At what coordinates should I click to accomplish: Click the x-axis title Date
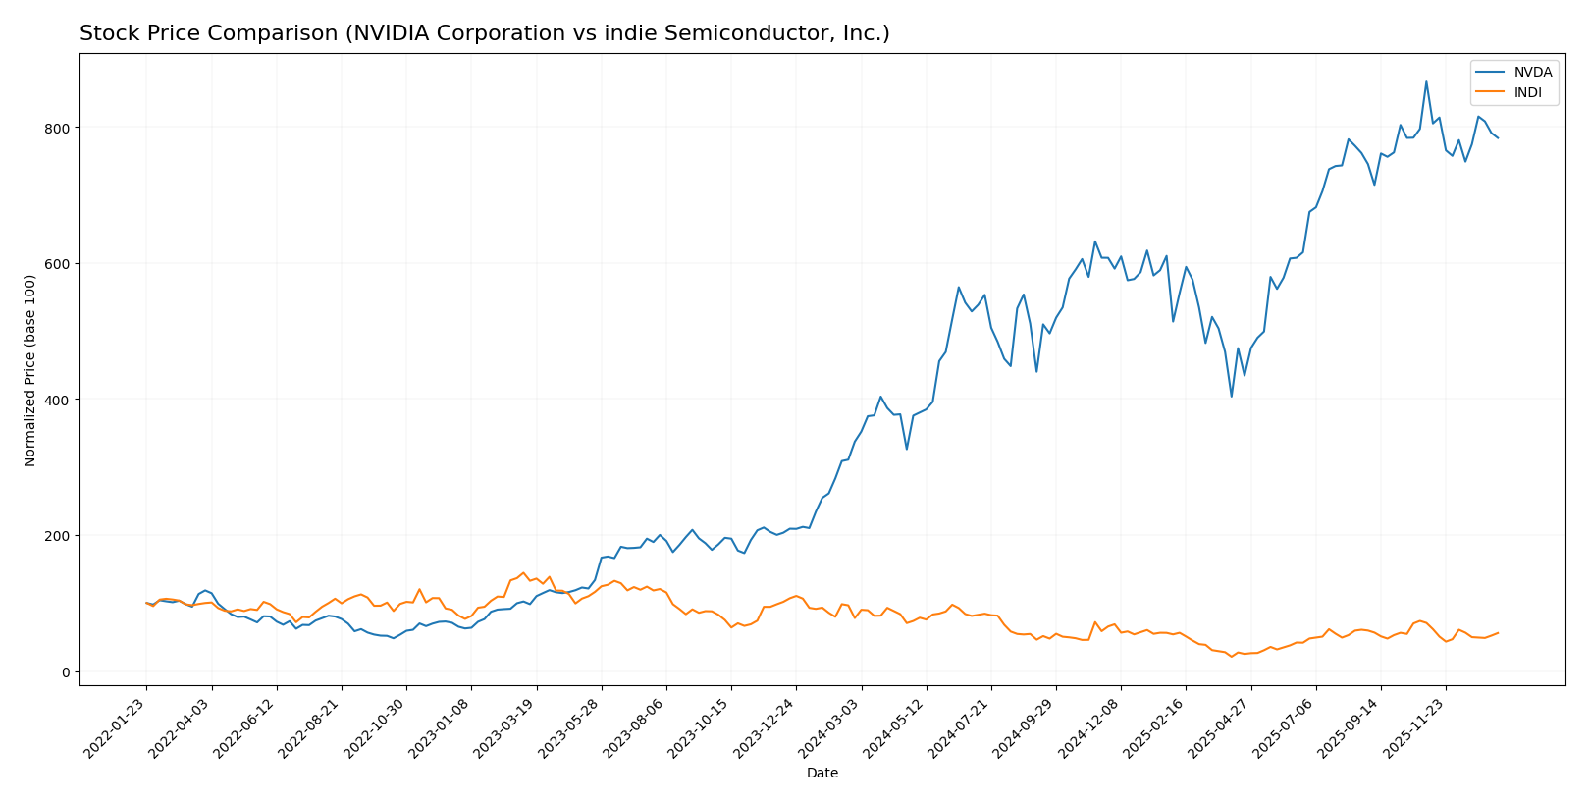pos(821,774)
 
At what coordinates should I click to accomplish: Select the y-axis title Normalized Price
pos(30,370)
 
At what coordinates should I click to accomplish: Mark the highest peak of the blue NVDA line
pos(1426,81)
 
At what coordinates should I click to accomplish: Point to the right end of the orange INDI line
pos(1498,633)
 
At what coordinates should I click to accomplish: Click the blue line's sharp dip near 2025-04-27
pos(1232,396)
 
